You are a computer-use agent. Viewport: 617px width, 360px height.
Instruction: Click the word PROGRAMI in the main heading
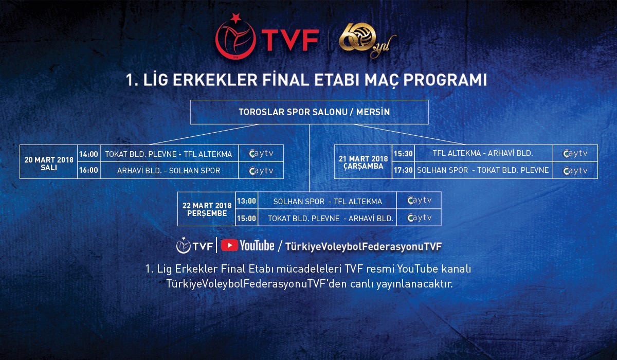(445, 80)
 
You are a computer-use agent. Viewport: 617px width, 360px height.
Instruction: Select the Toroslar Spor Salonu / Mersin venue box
(310, 112)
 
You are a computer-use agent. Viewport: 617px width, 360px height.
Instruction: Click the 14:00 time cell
(88, 153)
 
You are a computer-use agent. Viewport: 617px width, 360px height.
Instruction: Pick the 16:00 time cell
(88, 170)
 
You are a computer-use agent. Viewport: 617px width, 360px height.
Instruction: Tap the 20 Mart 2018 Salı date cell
(49, 164)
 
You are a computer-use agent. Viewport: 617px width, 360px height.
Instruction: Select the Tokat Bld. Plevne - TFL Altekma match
(169, 154)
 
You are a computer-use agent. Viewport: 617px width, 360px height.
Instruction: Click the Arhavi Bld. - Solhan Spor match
(169, 171)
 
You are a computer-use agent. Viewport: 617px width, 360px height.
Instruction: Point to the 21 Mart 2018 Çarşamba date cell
(363, 162)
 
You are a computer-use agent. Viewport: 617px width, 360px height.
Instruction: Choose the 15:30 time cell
(403, 153)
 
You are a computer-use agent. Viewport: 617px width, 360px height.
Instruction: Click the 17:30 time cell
(403, 170)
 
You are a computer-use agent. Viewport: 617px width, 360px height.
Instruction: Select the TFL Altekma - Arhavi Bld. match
(483, 153)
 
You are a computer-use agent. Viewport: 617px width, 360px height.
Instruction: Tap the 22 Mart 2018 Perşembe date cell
(207, 209)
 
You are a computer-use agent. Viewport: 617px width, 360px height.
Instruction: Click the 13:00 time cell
(246, 201)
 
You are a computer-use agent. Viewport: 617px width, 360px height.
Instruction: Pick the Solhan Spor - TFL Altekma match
(328, 202)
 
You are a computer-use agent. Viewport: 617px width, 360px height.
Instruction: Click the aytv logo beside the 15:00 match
(419, 218)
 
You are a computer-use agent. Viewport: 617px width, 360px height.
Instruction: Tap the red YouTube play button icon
(229, 245)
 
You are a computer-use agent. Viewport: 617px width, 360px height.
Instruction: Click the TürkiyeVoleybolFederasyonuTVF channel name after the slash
(364, 246)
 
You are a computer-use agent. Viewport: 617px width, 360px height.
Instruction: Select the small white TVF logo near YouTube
(195, 245)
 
